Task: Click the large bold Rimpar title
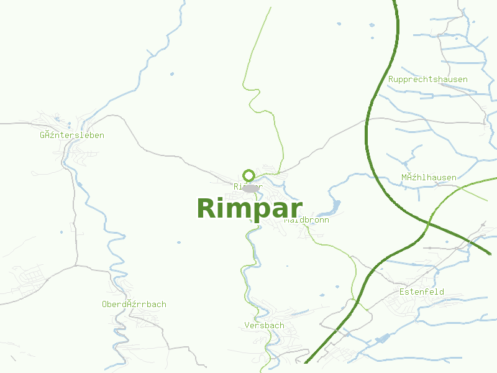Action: [249, 208]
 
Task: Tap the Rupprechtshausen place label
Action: [427, 80]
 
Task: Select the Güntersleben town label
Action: [72, 135]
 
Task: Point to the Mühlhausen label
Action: [429, 177]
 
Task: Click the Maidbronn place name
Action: [307, 220]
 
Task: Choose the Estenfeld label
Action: [422, 292]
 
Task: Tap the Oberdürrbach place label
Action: [134, 304]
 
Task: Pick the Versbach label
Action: [265, 325]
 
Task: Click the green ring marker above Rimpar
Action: [249, 175]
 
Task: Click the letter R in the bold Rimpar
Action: [207, 208]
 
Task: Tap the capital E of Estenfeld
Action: [403, 292]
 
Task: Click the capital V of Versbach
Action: [247, 325]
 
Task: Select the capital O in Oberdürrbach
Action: [104, 304]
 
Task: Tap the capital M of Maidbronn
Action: [287, 220]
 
